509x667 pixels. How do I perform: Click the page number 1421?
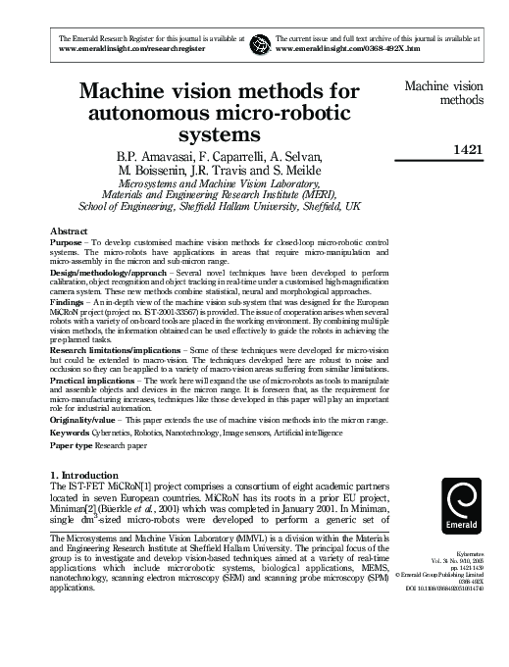pos(465,150)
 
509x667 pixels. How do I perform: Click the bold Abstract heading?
pos(70,231)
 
